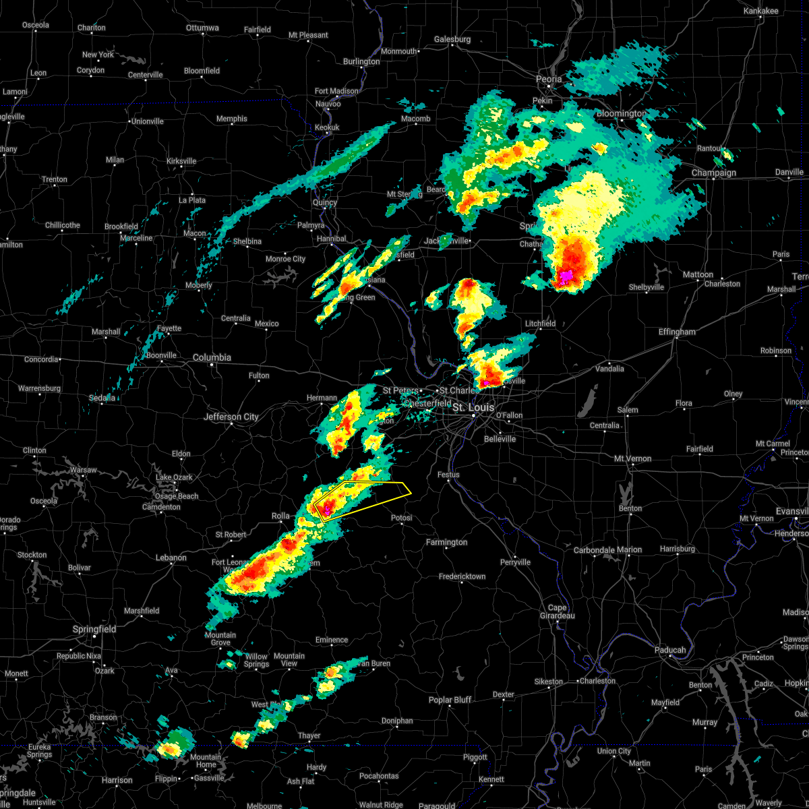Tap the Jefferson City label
click(231, 417)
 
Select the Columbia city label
click(212, 357)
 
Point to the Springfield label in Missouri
click(94, 629)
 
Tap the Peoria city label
click(549, 79)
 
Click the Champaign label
click(714, 173)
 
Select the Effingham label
click(677, 332)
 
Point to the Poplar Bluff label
click(450, 700)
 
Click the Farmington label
click(446, 542)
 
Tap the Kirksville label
click(181, 161)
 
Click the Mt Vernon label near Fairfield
click(632, 458)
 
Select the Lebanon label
click(171, 558)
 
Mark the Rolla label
click(280, 516)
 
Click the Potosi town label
click(402, 518)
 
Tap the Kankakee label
click(760, 11)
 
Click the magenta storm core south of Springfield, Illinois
click(567, 275)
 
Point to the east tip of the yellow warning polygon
click(411, 492)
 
